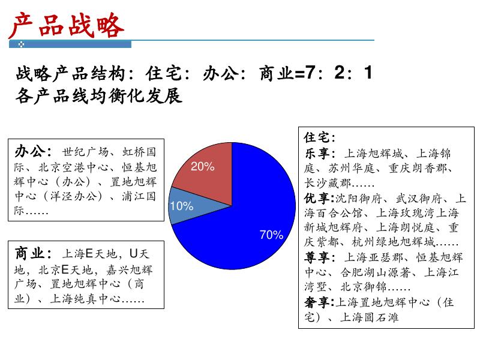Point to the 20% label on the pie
point(203,167)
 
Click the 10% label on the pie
point(182,206)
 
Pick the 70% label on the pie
point(271,235)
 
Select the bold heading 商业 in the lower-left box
point(29,254)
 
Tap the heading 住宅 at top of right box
point(317,137)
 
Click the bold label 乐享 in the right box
point(317,153)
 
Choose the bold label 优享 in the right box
point(317,198)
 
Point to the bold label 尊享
point(317,258)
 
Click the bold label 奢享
point(317,302)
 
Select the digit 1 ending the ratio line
point(367,74)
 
